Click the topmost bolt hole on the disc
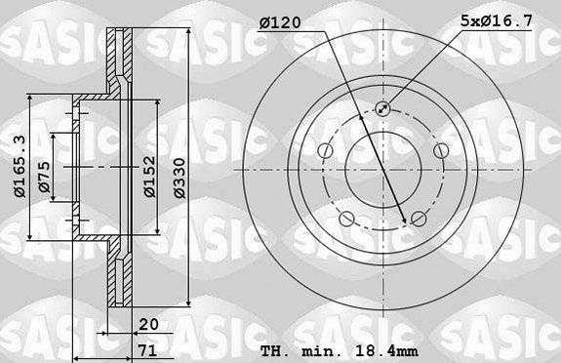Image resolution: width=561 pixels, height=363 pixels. [x=381, y=109]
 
